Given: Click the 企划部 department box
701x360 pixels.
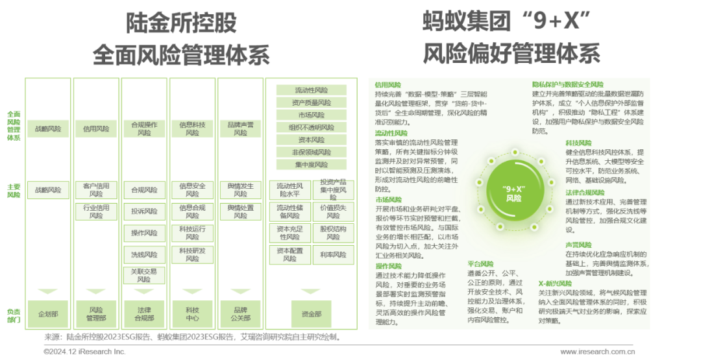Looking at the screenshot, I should pyautogui.click(x=48, y=314).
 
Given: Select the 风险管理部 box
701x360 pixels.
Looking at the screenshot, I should pyautogui.click(x=96, y=314).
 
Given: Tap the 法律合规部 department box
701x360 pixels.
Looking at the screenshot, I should pyautogui.click(x=144, y=314).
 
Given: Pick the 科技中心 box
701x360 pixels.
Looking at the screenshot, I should pyautogui.click(x=192, y=314).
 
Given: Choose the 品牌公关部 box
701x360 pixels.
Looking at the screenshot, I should pyautogui.click(x=240, y=314).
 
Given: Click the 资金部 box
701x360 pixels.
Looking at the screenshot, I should pyautogui.click(x=311, y=314).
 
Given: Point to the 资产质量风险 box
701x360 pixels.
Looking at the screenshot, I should pyautogui.click(x=312, y=102).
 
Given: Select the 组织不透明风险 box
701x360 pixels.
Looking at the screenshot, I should pyautogui.click(x=312, y=127).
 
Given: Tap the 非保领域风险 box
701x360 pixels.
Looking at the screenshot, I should pyautogui.click(x=312, y=152).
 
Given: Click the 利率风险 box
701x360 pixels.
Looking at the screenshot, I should pyautogui.click(x=333, y=255).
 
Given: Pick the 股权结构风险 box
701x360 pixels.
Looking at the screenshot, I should pyautogui.click(x=333, y=233).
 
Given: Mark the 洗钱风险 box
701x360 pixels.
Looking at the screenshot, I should pyautogui.click(x=144, y=255).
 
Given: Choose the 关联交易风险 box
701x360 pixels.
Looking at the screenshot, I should pyautogui.click(x=144, y=276).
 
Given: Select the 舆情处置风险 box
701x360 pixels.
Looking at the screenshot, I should pyautogui.click(x=240, y=211).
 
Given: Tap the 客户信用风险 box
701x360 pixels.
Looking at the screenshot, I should pyautogui.click(x=96, y=190).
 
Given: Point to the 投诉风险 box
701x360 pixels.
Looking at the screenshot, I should pyautogui.click(x=144, y=211).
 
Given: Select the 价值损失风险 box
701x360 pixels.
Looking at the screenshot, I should pyautogui.click(x=333, y=211).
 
